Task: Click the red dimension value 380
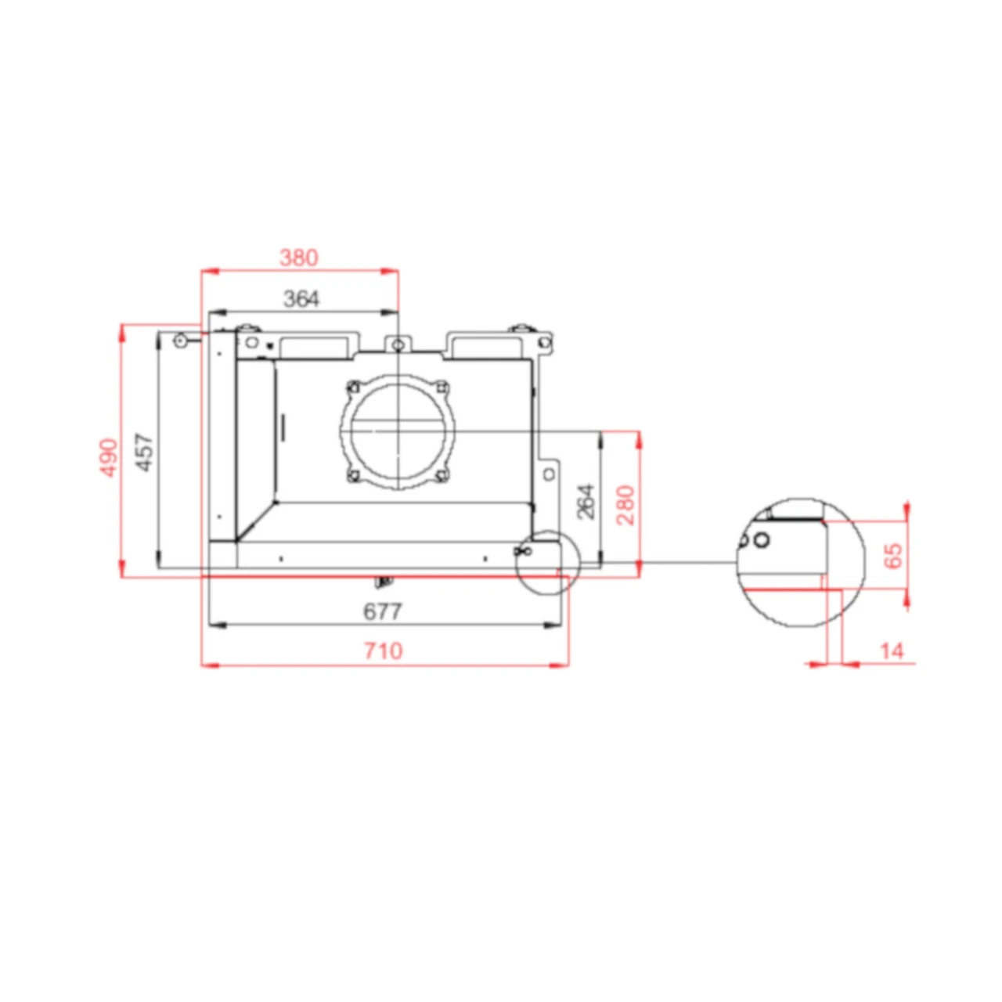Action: pyautogui.click(x=299, y=257)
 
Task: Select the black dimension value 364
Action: pyautogui.click(x=301, y=298)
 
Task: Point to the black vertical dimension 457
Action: pyautogui.click(x=145, y=452)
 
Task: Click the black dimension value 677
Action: pyautogui.click(x=383, y=611)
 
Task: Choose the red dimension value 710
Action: pyautogui.click(x=383, y=651)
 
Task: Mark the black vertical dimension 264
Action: pyautogui.click(x=586, y=501)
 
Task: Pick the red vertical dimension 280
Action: pyautogui.click(x=625, y=505)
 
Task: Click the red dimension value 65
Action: pyautogui.click(x=892, y=555)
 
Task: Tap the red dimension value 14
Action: pyautogui.click(x=892, y=651)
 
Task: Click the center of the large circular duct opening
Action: pyautogui.click(x=398, y=431)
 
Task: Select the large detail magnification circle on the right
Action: pyautogui.click(x=800, y=561)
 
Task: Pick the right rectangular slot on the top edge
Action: pyautogui.click(x=485, y=344)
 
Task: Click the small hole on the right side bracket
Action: pyautogui.click(x=549, y=474)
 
